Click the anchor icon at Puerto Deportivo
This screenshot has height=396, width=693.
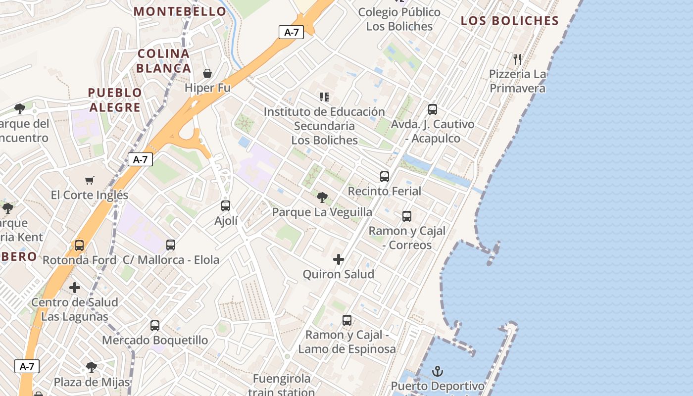pos(438,371)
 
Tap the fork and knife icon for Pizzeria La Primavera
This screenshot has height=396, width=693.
pos(517,59)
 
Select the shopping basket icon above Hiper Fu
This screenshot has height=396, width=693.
pos(207,73)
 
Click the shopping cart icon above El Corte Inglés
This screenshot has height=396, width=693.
pos(89,180)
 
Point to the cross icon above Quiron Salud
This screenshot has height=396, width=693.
pos(339,259)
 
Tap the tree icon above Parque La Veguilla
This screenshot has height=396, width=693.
pos(322,198)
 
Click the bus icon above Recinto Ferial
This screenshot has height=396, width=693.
pos(385,176)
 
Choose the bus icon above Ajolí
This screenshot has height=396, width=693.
pos(226,206)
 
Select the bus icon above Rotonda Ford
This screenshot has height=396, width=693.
pos(79,245)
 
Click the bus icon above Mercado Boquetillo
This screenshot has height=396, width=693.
pos(155,326)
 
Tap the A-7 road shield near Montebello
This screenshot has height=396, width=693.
pos(291,33)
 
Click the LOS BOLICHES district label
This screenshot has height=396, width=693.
pos(509,21)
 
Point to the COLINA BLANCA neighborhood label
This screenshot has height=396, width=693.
pos(164,61)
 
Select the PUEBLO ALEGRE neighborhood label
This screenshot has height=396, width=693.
pos(115,100)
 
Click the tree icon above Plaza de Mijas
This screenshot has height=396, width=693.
pos(92,367)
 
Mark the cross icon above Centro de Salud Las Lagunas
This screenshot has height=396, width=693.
pos(75,287)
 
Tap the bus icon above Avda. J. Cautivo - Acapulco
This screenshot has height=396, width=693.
pos(433,109)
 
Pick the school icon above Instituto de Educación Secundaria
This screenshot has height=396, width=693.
pos(324,97)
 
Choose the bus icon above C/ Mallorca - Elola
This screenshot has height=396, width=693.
pos(171,245)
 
